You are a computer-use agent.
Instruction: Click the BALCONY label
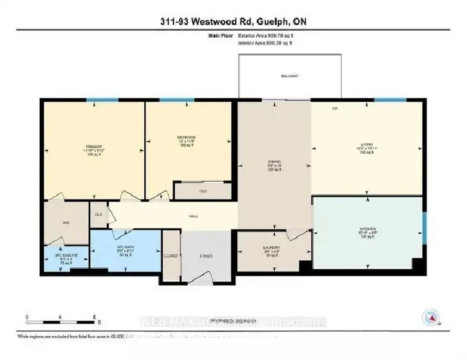(290, 76)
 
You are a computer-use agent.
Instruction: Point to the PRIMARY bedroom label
(95, 146)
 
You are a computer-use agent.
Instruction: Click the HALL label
(193, 215)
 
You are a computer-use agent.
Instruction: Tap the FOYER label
(205, 256)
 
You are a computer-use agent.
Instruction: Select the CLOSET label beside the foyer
(171, 256)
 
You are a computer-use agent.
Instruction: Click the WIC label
(66, 222)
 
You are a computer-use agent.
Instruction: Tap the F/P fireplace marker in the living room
(335, 108)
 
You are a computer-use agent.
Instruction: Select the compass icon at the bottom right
(430, 316)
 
